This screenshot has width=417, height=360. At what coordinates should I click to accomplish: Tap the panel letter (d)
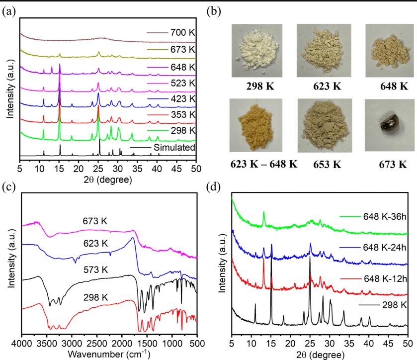tap(214, 189)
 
